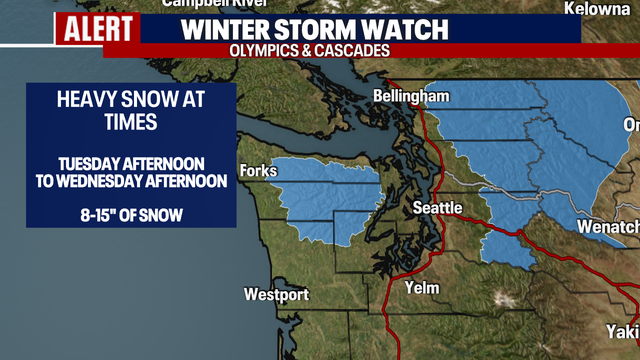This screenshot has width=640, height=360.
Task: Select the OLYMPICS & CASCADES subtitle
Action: (x=308, y=49)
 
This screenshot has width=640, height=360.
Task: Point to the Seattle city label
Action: (x=438, y=208)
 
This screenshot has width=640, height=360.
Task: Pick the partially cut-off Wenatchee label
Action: (x=608, y=228)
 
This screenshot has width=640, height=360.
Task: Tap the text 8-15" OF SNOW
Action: (x=132, y=214)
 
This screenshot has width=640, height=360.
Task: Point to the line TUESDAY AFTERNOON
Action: (x=132, y=163)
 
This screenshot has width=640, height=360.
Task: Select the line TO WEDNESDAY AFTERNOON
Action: (x=132, y=180)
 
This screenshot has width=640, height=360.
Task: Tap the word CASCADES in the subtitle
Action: (x=350, y=49)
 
